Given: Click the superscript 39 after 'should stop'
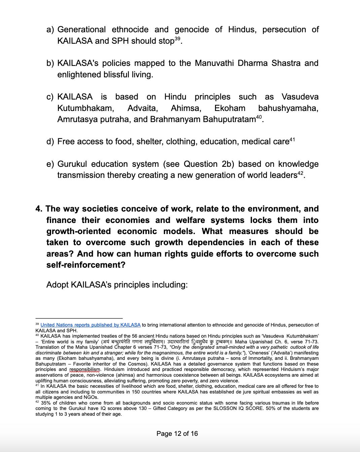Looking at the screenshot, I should point(178,39).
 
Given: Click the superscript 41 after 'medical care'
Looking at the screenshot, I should point(292,139).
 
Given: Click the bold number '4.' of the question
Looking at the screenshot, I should point(39,209).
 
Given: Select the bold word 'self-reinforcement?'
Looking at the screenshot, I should point(86,265).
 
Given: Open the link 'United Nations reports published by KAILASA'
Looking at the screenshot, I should point(91,325).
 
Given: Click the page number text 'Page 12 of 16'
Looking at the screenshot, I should point(177,434).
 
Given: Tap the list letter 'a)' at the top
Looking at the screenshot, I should point(50,30).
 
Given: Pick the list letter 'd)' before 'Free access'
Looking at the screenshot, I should point(50,142).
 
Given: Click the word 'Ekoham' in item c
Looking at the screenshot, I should point(229,108).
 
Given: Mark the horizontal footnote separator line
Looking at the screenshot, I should point(79,318).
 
